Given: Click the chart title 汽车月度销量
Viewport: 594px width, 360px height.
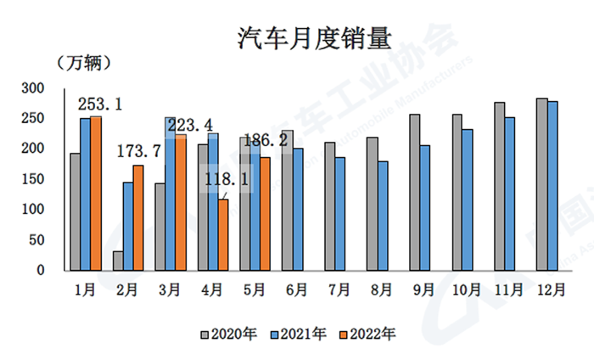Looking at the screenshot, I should coord(298,38).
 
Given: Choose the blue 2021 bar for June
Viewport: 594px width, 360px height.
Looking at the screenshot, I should coord(298,210).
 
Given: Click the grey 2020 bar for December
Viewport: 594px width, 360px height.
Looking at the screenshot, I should coord(541,184).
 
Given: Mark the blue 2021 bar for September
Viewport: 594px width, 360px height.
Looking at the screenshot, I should coord(425,207).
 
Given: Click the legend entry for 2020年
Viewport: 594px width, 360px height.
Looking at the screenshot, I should coord(230,334).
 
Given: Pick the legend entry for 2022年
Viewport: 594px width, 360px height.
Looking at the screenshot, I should coord(367,334).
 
